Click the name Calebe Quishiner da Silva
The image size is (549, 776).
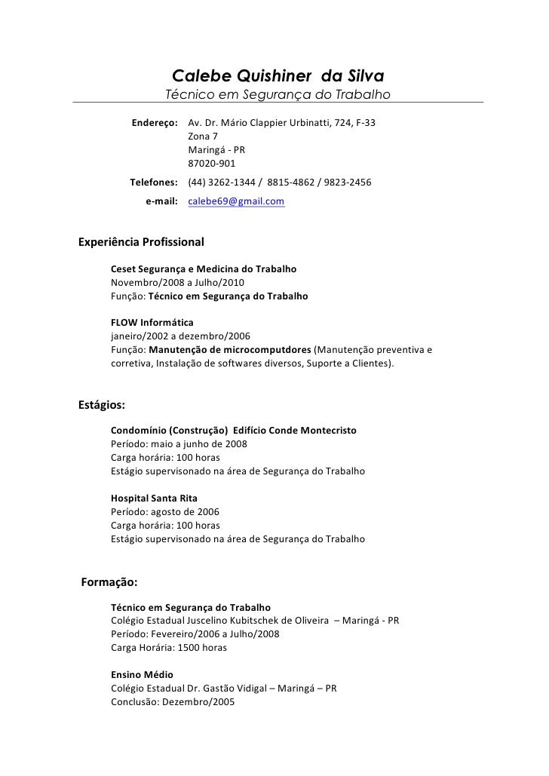click(x=278, y=76)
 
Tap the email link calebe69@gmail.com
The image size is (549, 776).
click(x=236, y=201)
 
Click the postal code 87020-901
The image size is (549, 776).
click(x=211, y=163)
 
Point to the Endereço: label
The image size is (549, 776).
click(x=155, y=122)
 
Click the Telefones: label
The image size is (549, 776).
click(x=154, y=182)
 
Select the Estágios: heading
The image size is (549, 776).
click(x=102, y=404)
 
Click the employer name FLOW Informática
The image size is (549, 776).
click(x=152, y=323)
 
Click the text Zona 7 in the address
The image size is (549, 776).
click(x=203, y=136)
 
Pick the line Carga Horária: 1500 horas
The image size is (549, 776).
click(x=169, y=647)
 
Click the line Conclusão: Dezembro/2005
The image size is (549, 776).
click(x=173, y=701)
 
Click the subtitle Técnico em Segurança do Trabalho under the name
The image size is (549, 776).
click(x=278, y=95)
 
